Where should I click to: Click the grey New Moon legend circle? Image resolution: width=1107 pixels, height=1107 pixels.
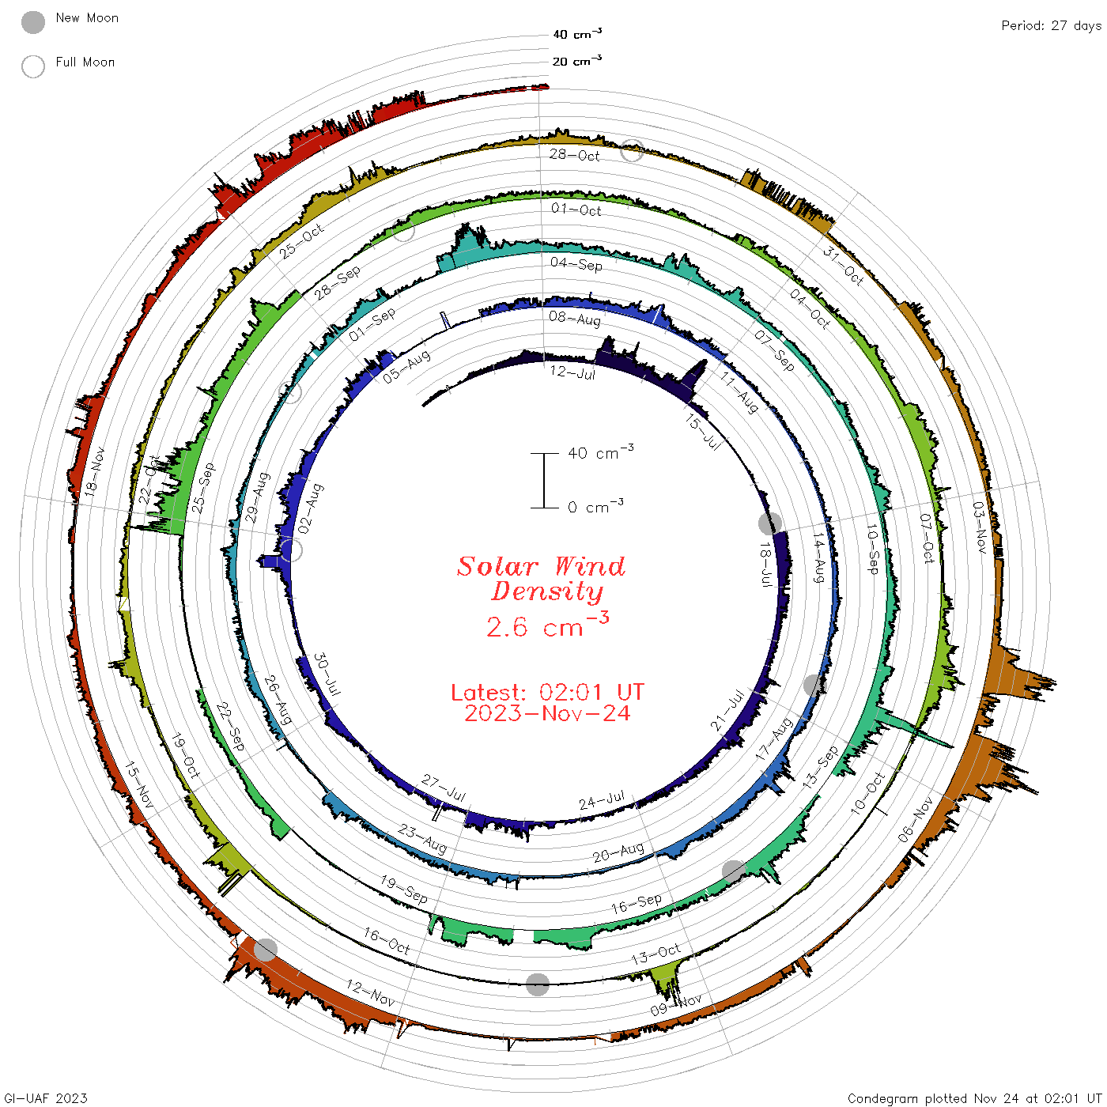[x=32, y=22]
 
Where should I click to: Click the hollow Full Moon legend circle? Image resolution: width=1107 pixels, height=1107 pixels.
[x=32, y=66]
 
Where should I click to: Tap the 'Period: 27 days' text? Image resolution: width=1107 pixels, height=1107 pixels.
[x=1051, y=26]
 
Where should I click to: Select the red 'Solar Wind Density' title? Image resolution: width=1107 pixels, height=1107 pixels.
[x=541, y=579]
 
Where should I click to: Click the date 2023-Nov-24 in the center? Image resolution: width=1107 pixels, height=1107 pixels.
[x=547, y=713]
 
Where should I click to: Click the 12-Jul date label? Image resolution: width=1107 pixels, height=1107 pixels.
[x=572, y=372]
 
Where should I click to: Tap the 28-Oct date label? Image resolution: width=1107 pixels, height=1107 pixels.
[x=574, y=155]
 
